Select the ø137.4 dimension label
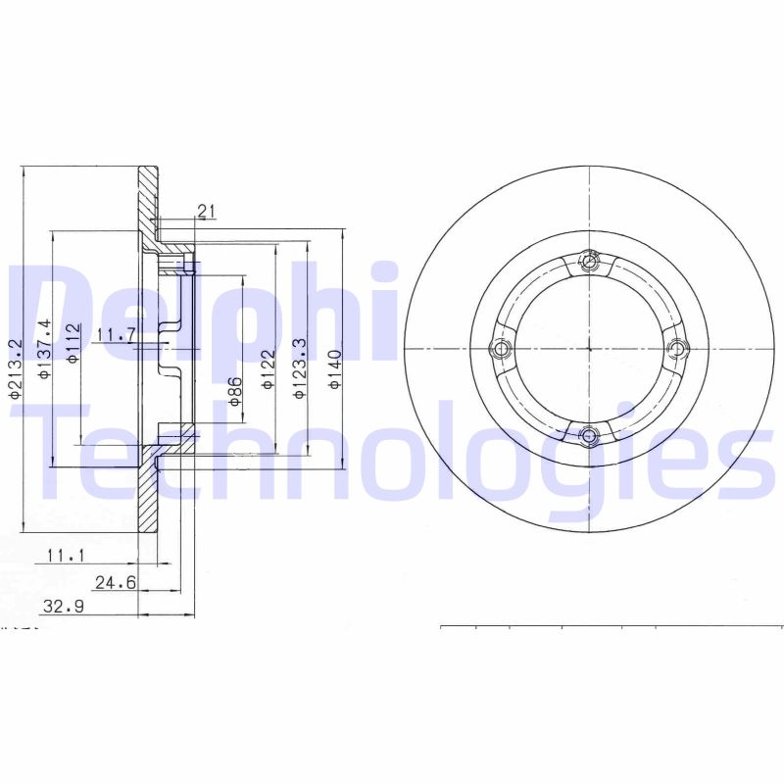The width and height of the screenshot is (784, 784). click(x=43, y=349)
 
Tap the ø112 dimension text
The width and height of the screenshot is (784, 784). click(x=73, y=344)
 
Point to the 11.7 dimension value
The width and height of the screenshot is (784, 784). click(x=116, y=335)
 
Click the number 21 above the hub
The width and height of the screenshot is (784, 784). click(x=206, y=211)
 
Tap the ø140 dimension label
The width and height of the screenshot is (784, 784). click(x=334, y=369)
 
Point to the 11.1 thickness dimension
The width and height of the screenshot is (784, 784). click(x=67, y=556)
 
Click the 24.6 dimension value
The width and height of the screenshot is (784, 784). click(x=114, y=582)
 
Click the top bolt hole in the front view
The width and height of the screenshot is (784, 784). click(x=589, y=261)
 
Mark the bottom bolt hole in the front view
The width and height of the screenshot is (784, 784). click(x=589, y=435)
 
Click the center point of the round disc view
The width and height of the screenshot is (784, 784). click(x=589, y=348)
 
